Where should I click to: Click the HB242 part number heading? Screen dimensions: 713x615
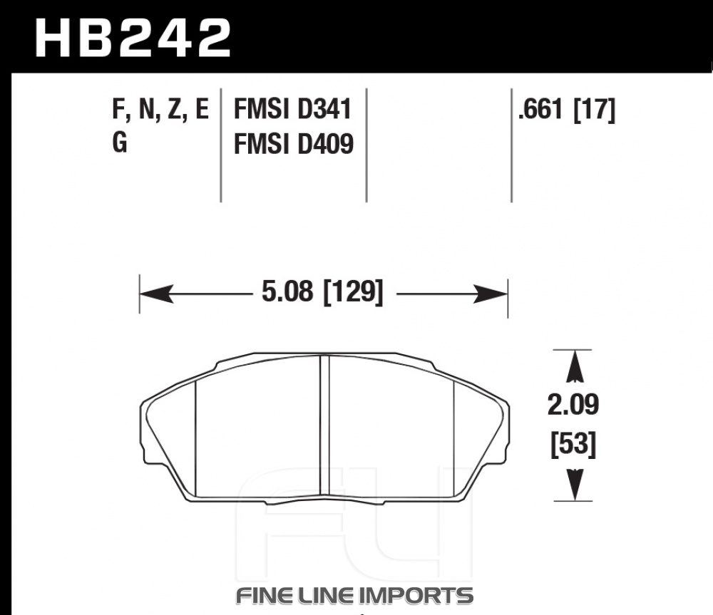pos(133,38)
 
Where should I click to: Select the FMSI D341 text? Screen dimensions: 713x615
pos(293,110)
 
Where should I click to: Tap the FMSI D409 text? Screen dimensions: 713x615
pos(293,144)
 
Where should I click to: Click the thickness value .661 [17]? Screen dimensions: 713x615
pos(567,110)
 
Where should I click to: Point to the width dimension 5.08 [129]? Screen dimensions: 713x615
pos(322,291)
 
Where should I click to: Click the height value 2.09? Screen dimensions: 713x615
pos(573,405)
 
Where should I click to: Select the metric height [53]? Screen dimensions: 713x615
pos(573,444)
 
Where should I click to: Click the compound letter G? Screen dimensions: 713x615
pos(120,144)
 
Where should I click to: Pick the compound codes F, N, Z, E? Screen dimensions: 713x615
pos(160,110)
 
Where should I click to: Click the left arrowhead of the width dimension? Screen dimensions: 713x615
pos(156,294)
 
